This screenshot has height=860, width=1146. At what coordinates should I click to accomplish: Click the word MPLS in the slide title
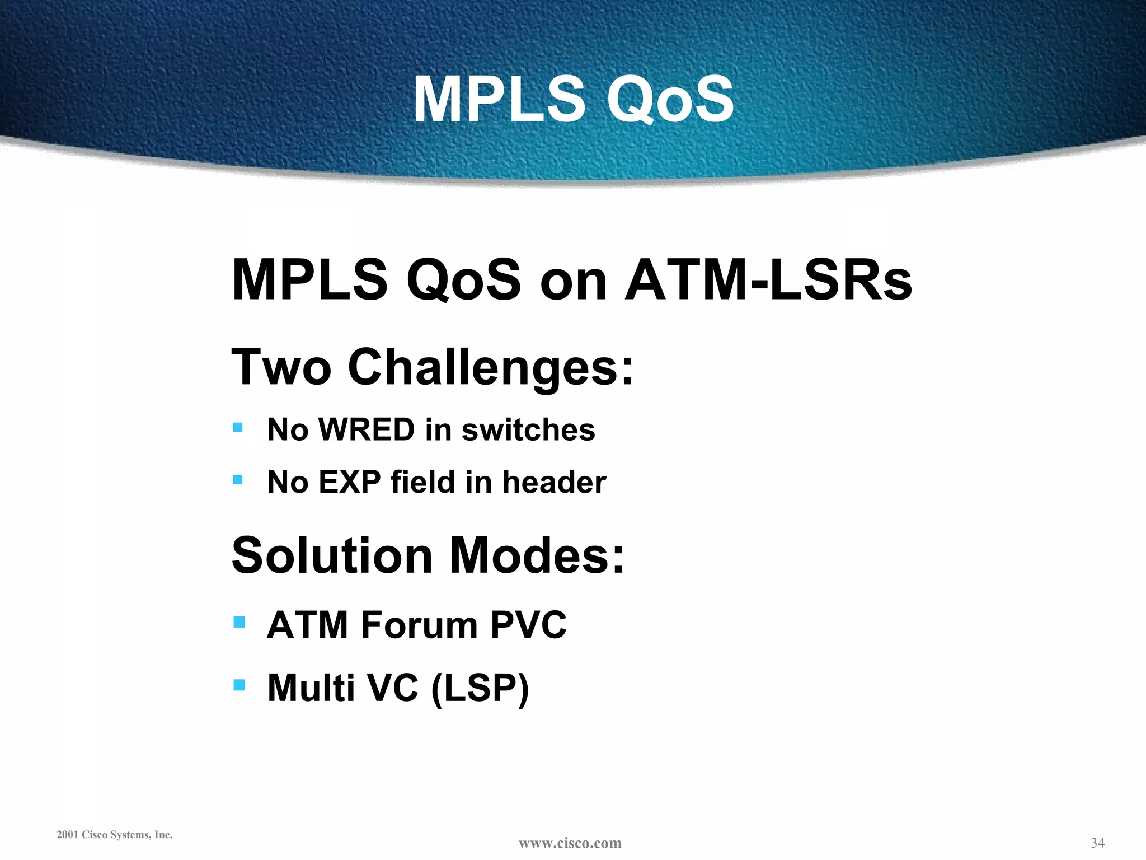pos(499,100)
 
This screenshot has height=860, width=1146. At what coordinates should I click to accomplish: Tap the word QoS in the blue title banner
pos(670,100)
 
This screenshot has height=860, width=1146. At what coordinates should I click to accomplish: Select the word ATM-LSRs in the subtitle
pos(768,279)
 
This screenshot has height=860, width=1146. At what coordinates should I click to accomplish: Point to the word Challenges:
pos(491,368)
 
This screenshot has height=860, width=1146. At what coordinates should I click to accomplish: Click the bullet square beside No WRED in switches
pos(238,428)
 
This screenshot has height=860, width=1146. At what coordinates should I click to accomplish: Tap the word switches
pos(528,430)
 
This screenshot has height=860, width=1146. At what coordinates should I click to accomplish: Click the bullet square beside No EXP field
pos(238,479)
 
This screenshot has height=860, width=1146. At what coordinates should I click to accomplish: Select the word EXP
pos(350,482)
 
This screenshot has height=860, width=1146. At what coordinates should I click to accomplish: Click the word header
pos(554,482)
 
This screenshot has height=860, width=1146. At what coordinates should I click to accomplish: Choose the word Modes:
pos(537,555)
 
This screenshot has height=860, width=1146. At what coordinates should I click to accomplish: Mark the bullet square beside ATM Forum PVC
pos(239,622)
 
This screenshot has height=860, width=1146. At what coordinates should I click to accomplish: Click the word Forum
pos(419,625)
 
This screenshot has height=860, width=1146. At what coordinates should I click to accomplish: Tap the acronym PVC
pos(528,625)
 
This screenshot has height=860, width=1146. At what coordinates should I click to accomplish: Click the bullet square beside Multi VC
pos(239,684)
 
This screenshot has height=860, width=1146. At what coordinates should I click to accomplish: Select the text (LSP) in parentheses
pos(480,688)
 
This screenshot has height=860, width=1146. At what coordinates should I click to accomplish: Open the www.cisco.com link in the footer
pos(570,843)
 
